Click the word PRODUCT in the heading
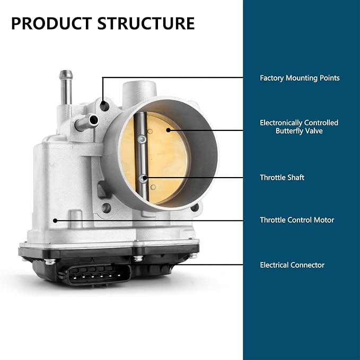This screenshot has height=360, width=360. point(51,23)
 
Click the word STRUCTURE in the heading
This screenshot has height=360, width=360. point(146,23)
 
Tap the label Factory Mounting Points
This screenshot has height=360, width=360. point(300,78)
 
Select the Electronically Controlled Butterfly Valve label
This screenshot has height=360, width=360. point(299,127)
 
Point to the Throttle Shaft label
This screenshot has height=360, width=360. point(282,178)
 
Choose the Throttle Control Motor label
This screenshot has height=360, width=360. point(297,220)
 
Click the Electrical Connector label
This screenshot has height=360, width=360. point(292,265)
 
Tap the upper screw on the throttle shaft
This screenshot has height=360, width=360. point(142,139)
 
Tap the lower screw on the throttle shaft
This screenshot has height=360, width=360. point(144,179)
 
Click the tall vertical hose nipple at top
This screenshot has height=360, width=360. point(66,87)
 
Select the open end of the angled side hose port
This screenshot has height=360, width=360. point(94,120)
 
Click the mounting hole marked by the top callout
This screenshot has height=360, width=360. point(104,106)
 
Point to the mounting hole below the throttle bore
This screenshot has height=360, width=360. point(106,208)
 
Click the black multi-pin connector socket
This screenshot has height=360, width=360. point(98,274)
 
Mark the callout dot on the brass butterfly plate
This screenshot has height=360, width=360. point(168,130)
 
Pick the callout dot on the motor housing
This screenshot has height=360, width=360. point(55,221)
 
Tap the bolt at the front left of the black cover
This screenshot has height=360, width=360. point(50,261)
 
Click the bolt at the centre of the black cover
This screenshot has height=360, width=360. point(138,258)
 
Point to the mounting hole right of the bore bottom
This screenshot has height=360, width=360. point(195,207)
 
